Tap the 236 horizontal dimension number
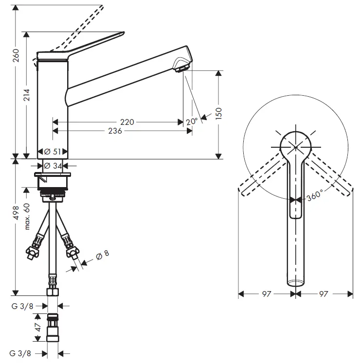(x=114, y=131)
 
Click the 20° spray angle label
(x=192, y=121)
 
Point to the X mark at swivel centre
(x=296, y=145)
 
